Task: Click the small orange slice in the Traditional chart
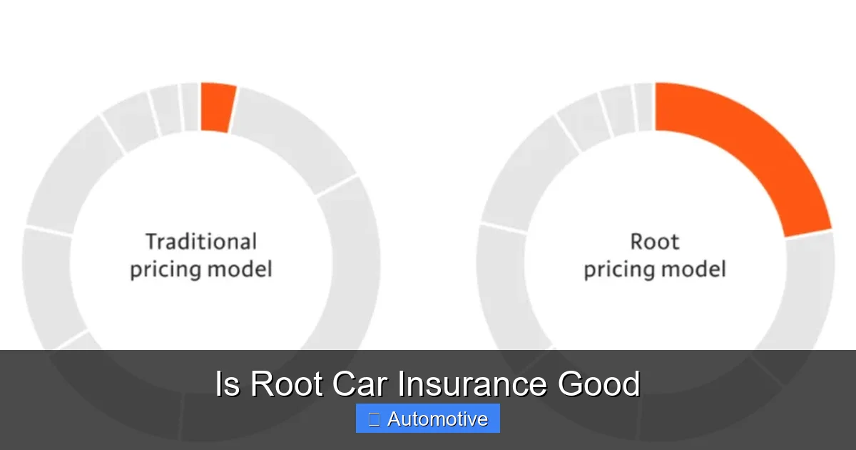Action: pyautogui.click(x=217, y=107)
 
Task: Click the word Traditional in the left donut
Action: pyautogui.click(x=200, y=241)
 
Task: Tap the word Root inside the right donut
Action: pyautogui.click(x=654, y=241)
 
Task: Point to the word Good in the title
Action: pyautogui.click(x=598, y=384)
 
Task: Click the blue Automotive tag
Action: pyautogui.click(x=427, y=419)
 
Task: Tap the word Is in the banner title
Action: pyautogui.click(x=228, y=384)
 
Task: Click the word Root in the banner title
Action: pyautogui.click(x=288, y=384)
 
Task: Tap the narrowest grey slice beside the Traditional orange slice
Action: pyautogui.click(x=190, y=107)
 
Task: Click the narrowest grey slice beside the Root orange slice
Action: pyautogui.click(x=644, y=107)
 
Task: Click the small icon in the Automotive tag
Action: pyautogui.click(x=374, y=419)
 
